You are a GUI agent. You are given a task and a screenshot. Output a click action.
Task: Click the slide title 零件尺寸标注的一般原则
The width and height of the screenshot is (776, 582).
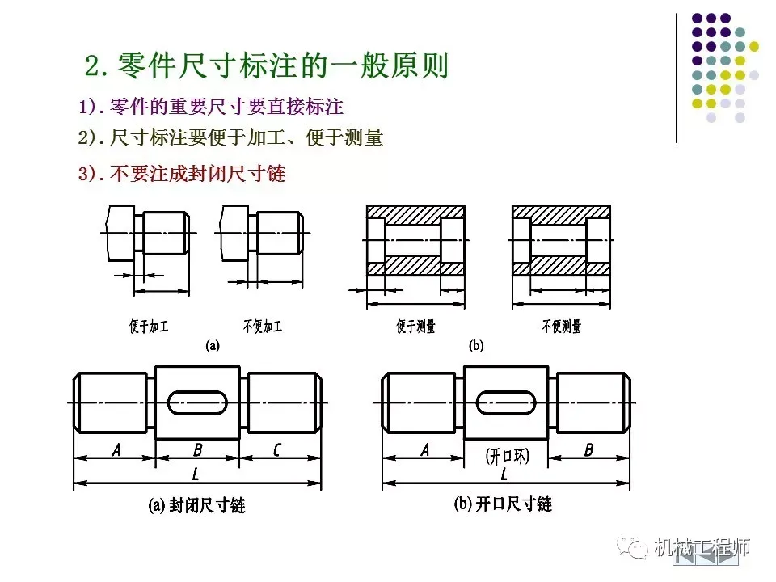[x=267, y=65]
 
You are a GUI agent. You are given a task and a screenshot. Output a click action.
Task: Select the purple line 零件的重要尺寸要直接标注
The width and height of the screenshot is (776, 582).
[x=212, y=108]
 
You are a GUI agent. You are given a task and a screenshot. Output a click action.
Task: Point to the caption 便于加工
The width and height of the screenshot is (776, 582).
[x=149, y=327]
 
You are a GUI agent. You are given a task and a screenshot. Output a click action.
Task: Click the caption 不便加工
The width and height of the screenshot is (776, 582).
[x=263, y=327]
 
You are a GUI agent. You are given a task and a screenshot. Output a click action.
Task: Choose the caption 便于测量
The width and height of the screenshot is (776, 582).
[x=415, y=327]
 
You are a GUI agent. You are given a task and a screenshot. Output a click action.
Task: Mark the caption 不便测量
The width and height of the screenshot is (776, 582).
[x=561, y=327]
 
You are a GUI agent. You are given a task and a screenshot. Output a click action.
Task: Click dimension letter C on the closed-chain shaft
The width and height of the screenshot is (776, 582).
[x=277, y=450]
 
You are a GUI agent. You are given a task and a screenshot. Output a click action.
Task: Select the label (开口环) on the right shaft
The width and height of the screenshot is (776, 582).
[x=508, y=456]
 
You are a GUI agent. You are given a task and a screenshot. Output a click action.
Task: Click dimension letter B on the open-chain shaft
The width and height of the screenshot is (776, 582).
[x=588, y=450]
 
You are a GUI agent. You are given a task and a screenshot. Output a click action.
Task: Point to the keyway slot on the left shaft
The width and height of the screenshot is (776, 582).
[x=197, y=402]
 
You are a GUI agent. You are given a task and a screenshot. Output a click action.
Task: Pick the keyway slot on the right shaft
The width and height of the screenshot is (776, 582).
[x=507, y=402]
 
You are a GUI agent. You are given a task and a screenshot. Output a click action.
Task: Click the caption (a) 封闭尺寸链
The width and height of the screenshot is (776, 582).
[x=196, y=506]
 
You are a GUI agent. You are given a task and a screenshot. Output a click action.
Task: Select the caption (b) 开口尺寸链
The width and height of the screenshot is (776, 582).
[x=503, y=504]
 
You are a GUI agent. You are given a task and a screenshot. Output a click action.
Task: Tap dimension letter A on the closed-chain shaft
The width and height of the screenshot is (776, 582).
[x=116, y=450]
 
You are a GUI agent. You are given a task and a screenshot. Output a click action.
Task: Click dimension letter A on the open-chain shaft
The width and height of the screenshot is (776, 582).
[x=425, y=450]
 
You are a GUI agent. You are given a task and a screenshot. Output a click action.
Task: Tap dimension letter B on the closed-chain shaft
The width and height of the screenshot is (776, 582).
[x=197, y=450]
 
